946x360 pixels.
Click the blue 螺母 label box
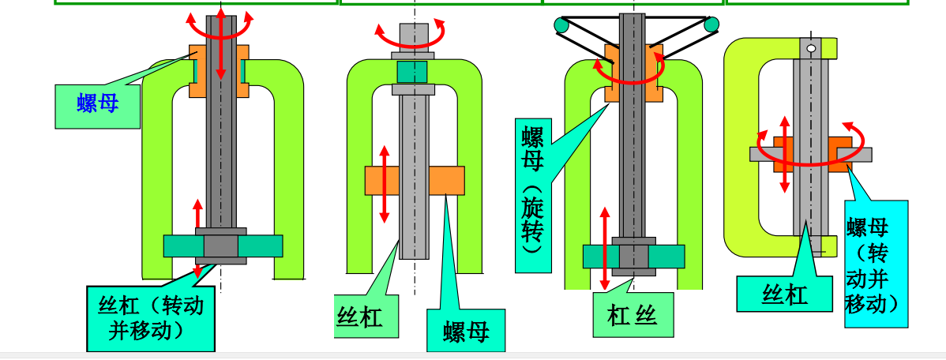tap(98, 106)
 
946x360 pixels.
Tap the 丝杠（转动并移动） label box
tap(151, 319)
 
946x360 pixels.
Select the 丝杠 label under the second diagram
tap(360, 318)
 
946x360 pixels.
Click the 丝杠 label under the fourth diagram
tap(784, 293)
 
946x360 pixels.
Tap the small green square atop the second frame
tap(415, 72)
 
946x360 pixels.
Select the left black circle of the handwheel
tap(561, 26)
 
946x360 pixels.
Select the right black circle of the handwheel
tap(711, 25)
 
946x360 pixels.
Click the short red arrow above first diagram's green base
tap(198, 215)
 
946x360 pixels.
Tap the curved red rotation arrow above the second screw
tap(411, 36)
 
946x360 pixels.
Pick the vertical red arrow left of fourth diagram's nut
tap(784, 154)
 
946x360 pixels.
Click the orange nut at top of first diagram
tap(197, 71)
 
